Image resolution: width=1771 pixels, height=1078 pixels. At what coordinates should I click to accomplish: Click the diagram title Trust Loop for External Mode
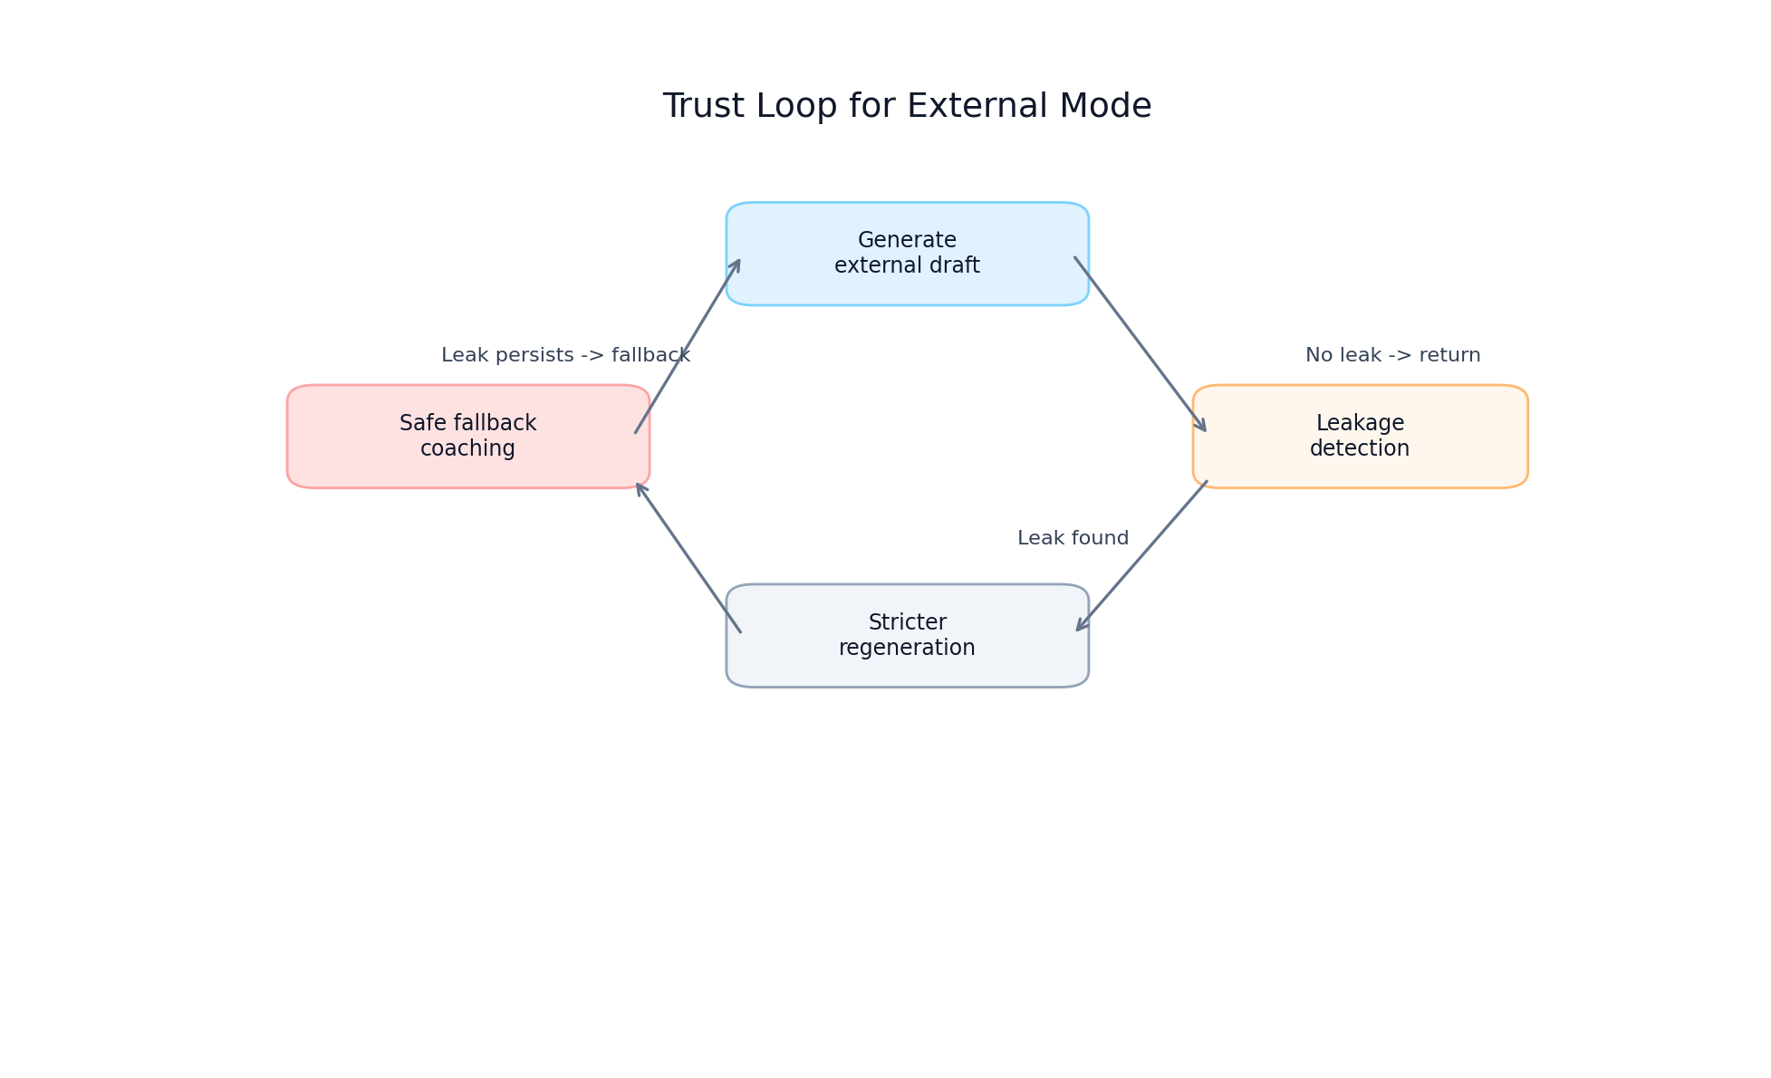pos(907,107)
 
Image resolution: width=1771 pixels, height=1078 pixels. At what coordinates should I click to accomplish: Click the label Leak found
pos(1073,539)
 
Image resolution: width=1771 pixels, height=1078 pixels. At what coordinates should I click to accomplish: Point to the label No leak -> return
pos(1392,356)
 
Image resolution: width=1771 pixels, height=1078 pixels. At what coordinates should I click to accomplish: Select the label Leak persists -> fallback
pos(565,356)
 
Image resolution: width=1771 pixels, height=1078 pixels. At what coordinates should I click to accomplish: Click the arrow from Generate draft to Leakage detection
pos(1140,344)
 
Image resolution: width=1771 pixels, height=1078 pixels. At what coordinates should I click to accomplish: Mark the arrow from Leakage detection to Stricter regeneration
pos(1142,555)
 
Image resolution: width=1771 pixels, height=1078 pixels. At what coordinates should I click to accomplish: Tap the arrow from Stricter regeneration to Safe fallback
pos(688,558)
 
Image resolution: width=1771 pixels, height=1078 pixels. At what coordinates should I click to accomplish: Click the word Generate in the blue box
pos(907,241)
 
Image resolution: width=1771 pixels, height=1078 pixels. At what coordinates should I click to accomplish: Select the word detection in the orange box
pos(1359,449)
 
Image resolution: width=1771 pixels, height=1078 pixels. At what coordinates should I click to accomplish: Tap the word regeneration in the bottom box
pos(907,649)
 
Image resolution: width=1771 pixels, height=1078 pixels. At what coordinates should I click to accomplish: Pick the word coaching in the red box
pos(467,449)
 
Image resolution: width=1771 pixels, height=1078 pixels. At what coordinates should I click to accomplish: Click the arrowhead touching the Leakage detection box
pos(1201,426)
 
